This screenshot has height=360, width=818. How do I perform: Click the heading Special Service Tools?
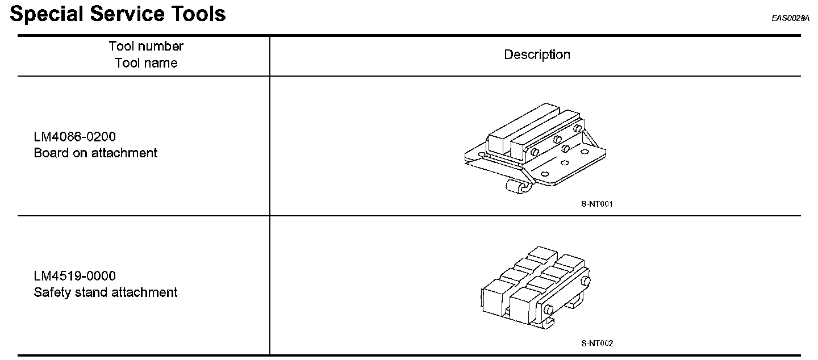click(118, 14)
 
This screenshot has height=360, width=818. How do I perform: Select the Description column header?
click(537, 55)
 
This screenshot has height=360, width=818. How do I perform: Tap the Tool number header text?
click(146, 46)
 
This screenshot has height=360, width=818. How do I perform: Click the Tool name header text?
click(146, 63)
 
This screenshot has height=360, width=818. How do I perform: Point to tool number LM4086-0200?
click(75, 137)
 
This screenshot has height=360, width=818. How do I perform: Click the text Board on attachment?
click(95, 153)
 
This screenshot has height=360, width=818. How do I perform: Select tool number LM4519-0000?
click(75, 276)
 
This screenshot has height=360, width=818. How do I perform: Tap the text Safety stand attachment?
click(106, 292)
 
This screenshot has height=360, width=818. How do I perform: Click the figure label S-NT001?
click(597, 203)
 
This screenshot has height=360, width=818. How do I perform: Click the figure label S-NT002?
click(597, 343)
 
